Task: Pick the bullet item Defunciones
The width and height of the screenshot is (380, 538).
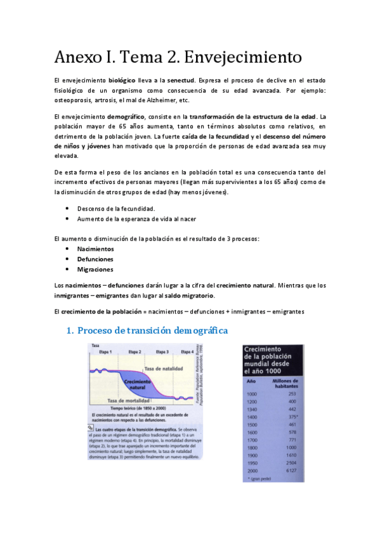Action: (x=95, y=259)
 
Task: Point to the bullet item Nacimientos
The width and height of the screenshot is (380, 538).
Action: (x=96, y=249)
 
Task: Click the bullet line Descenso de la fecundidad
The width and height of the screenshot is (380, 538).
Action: (x=115, y=208)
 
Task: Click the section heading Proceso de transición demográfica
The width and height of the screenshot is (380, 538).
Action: (x=152, y=331)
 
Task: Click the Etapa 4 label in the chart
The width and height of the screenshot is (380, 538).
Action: (x=187, y=351)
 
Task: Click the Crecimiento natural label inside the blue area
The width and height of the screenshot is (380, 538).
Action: (x=138, y=384)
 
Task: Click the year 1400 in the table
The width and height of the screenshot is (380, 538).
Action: (x=252, y=416)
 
